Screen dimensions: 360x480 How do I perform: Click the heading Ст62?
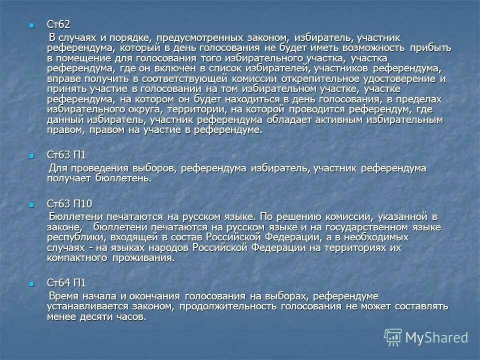pyautogui.click(x=58, y=24)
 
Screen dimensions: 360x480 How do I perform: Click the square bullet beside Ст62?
pyautogui.click(x=32, y=24)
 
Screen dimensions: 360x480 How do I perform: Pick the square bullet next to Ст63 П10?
pyautogui.click(x=32, y=204)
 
